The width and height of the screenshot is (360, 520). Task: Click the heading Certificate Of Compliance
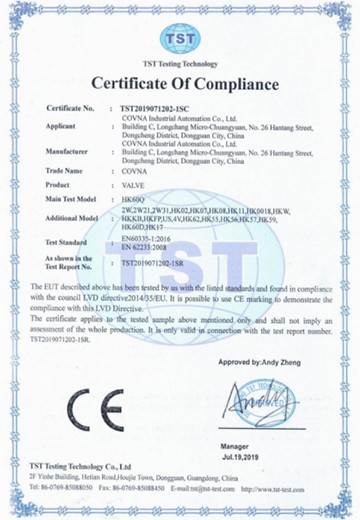click(x=181, y=81)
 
